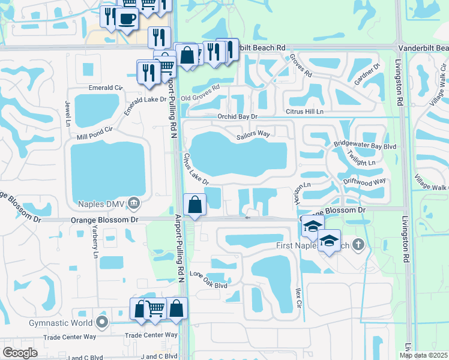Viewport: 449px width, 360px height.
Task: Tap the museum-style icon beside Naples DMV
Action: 133,204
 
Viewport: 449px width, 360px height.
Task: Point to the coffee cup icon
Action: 126,18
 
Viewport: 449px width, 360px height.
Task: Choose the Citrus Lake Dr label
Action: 195,169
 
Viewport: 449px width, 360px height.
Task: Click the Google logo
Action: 20,353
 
